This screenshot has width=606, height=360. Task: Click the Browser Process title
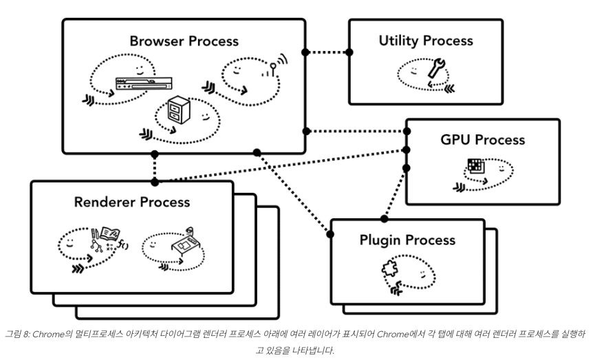184,41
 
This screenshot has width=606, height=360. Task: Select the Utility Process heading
426,41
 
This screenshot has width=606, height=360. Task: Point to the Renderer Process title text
132,202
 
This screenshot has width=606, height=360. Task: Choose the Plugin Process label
407,240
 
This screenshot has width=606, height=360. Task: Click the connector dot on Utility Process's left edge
349,52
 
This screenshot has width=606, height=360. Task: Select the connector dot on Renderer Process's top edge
154,182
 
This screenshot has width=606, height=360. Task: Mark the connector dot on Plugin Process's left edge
330,235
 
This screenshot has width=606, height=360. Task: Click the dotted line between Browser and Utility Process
327,52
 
